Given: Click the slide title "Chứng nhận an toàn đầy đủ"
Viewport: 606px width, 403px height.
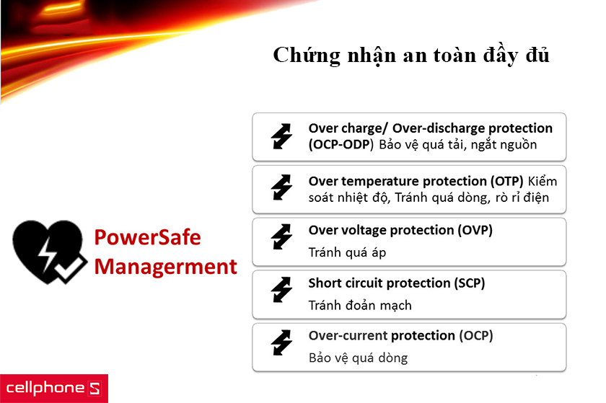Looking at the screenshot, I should pyautogui.click(x=411, y=56).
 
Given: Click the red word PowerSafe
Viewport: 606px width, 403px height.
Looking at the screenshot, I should pyautogui.click(x=148, y=238).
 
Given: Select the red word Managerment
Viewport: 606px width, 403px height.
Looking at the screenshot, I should pyautogui.click(x=166, y=267).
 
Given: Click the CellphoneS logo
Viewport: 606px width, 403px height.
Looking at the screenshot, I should pyautogui.click(x=53, y=388).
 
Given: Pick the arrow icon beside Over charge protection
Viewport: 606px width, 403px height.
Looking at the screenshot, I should pyautogui.click(x=281, y=136).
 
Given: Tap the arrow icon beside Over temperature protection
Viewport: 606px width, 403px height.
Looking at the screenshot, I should pyautogui.click(x=281, y=189).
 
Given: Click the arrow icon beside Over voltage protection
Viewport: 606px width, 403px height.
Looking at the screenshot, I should pyautogui.click(x=281, y=242).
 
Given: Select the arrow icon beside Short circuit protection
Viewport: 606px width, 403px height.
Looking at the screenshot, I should pyautogui.click(x=281, y=294).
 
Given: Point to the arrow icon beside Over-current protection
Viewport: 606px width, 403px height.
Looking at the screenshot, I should pyautogui.click(x=281, y=347).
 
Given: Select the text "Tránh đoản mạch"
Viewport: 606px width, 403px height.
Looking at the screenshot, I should pyautogui.click(x=360, y=306).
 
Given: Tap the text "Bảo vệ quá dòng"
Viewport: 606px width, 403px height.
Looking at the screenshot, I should pyautogui.click(x=358, y=358).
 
